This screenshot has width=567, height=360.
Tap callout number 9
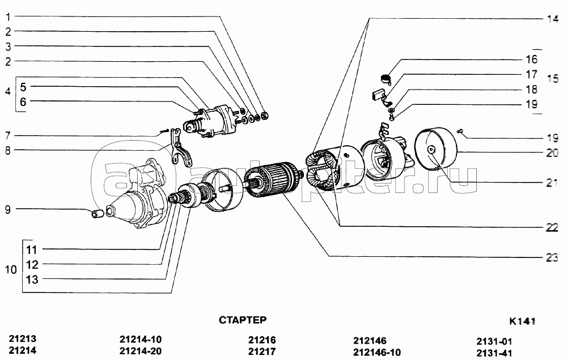coord(8,210)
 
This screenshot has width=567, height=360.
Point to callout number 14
coord(552,18)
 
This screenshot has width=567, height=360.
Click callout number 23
coord(552,257)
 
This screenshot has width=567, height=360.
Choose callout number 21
coord(552,183)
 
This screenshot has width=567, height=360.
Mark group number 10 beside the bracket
coord(11,270)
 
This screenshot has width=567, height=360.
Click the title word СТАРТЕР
coord(243,320)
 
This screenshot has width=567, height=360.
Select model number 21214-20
coord(141,351)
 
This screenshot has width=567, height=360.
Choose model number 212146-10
coord(376,352)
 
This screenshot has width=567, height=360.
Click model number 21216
coord(262,340)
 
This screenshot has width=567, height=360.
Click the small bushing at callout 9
coord(97,214)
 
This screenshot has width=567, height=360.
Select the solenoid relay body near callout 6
coord(213,120)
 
